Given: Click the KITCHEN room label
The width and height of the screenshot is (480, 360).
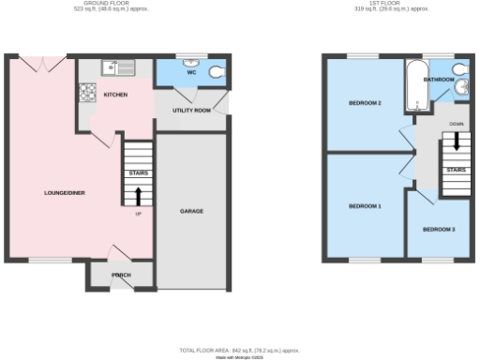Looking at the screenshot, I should [116, 95].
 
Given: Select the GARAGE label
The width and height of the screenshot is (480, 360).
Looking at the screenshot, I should [191, 210].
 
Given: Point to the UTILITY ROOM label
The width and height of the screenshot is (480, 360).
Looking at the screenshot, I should [190, 110].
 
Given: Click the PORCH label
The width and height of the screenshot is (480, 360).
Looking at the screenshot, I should [121, 275].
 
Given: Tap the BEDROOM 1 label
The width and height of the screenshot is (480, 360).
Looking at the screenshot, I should [365, 205].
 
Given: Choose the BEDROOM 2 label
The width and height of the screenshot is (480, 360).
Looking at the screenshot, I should [365, 102].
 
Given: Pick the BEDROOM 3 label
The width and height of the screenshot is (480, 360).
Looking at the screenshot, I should [438, 229].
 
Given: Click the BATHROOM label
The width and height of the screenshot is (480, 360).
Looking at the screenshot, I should [439, 81].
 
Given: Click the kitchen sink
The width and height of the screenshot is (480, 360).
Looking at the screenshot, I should [118, 67].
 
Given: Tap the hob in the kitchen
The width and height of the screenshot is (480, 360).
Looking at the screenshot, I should [87, 92].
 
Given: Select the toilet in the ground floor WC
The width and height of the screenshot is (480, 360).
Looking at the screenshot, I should [217, 71].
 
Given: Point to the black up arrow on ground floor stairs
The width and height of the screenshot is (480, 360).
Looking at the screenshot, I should [139, 196].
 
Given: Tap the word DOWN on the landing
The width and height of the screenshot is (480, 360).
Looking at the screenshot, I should [457, 124].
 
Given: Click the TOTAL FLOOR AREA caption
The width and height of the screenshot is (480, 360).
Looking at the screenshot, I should [240, 350].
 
